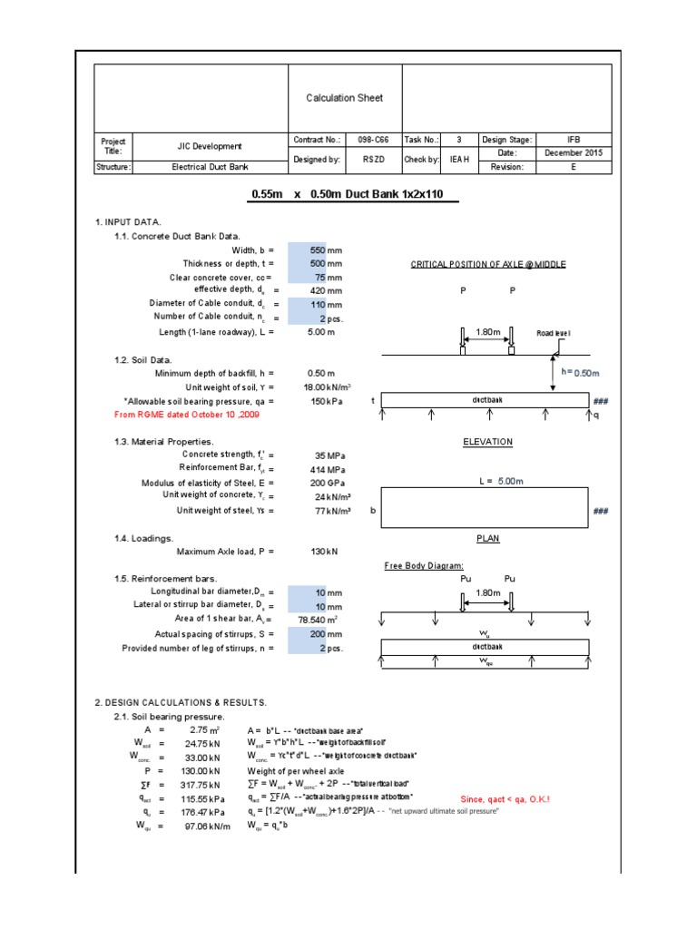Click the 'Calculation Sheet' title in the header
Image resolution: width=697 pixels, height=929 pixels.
pyautogui.click(x=344, y=98)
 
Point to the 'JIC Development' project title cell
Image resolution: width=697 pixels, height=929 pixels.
pyautogui.click(x=210, y=146)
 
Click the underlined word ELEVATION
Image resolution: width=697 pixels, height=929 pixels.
pyautogui.click(x=487, y=442)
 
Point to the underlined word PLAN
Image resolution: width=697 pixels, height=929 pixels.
pyautogui.click(x=488, y=539)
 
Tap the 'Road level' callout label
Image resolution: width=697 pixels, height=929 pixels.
pyautogui.click(x=554, y=334)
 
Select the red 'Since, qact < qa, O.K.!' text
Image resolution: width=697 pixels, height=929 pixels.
pyautogui.click(x=505, y=798)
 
